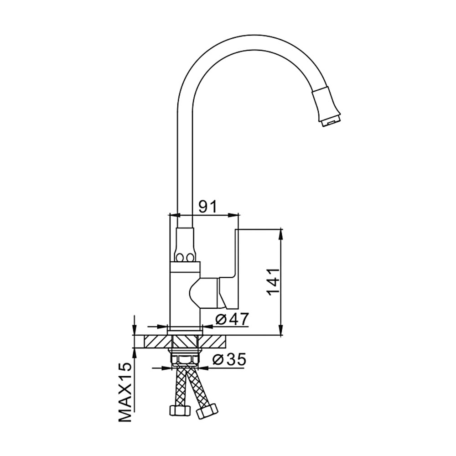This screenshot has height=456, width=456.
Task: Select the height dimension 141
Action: pyautogui.click(x=273, y=282)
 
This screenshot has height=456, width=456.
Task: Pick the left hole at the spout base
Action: pyautogui.click(x=180, y=257)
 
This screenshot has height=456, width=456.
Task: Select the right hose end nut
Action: pyautogui.click(x=207, y=411)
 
